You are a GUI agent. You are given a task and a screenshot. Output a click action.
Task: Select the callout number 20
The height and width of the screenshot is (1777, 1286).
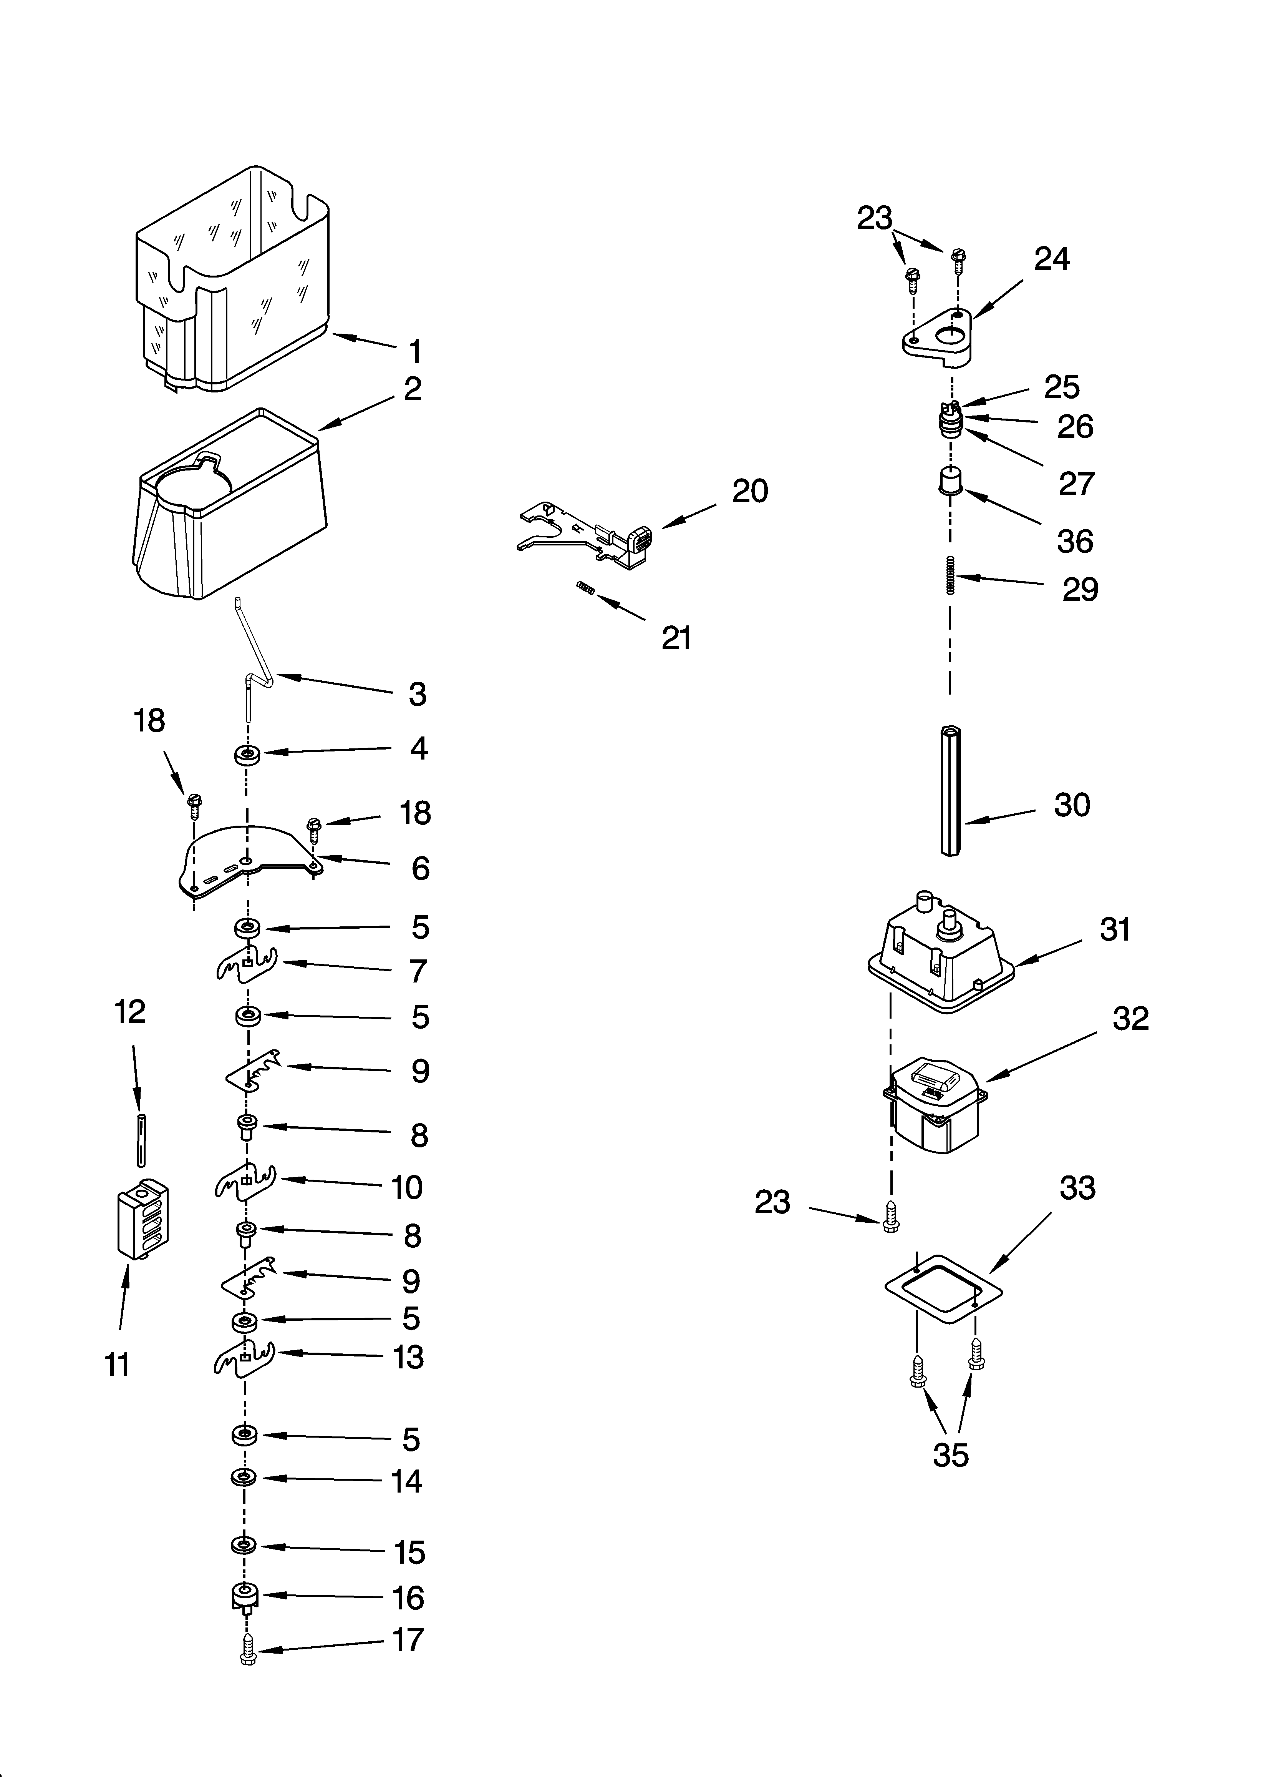(749, 491)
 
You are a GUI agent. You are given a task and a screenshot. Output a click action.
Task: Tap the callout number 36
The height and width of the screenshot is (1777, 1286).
(1074, 542)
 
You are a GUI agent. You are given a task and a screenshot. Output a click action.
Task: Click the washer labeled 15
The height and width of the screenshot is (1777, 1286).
(244, 1545)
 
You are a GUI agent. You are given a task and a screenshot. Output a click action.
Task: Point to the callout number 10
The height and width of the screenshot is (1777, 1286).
(406, 1188)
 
